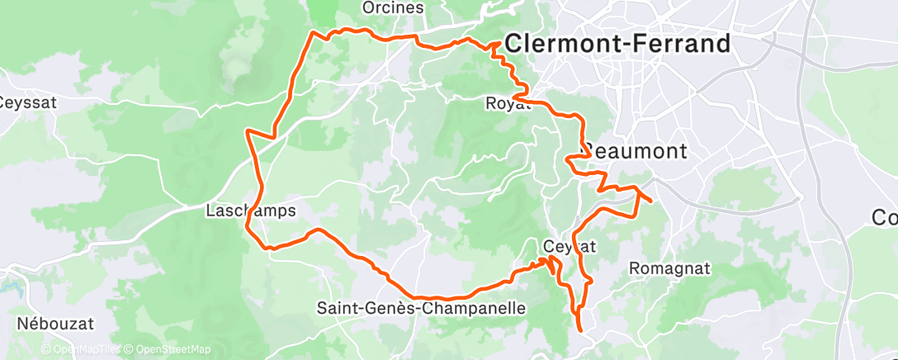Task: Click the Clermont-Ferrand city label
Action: tap(617, 44)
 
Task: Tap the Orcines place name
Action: tap(393, 7)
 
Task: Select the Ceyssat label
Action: tap(26, 103)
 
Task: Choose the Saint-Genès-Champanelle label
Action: tap(421, 308)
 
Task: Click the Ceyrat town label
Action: tap(570, 246)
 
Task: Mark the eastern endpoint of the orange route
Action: tap(651, 201)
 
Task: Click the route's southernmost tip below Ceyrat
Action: tap(581, 330)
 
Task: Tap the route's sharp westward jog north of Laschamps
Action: tap(248, 130)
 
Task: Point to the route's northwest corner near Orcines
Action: tap(312, 33)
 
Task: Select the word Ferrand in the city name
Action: tap(678, 44)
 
